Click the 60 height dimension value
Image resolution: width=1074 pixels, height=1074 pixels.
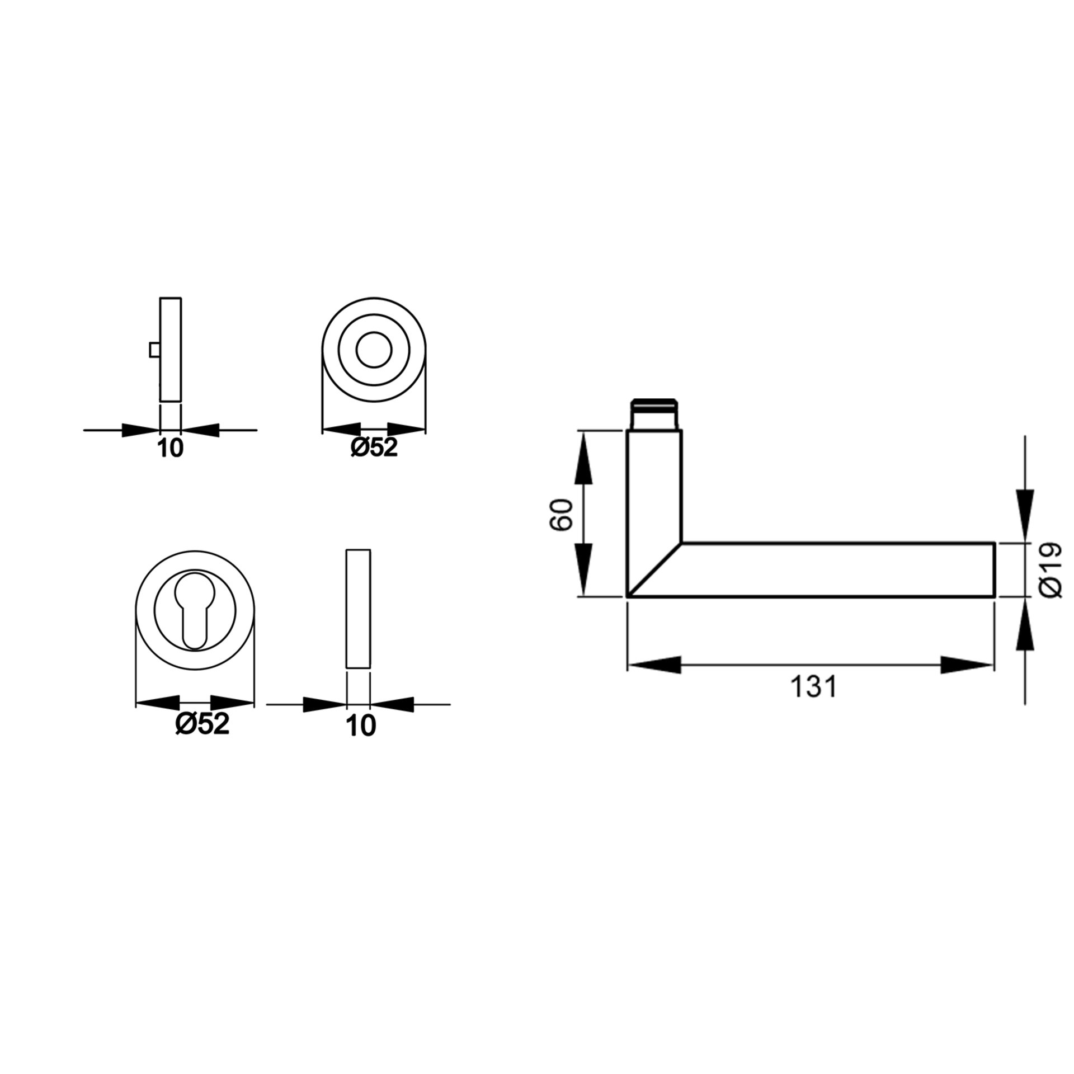pyautogui.click(x=562, y=514)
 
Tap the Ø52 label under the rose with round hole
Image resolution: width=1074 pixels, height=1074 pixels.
pyautogui.click(x=374, y=447)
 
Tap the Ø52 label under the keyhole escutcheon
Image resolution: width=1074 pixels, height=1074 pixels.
pyautogui.click(x=202, y=726)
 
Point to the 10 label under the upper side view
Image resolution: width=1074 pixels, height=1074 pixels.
pyautogui.click(x=171, y=448)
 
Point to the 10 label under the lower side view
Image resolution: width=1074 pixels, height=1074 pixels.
pyautogui.click(x=361, y=726)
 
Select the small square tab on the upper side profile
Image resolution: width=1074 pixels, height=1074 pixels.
pyautogui.click(x=154, y=350)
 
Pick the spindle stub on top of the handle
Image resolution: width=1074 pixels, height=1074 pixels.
pyautogui.click(x=654, y=414)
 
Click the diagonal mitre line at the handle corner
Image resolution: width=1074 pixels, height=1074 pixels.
pyautogui.click(x=653, y=570)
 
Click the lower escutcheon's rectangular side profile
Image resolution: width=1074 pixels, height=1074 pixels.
pyautogui.click(x=358, y=609)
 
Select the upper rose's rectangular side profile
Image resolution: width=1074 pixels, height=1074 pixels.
pyautogui.click(x=171, y=349)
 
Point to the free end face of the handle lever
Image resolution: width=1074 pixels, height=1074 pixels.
pyautogui.click(x=993, y=570)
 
